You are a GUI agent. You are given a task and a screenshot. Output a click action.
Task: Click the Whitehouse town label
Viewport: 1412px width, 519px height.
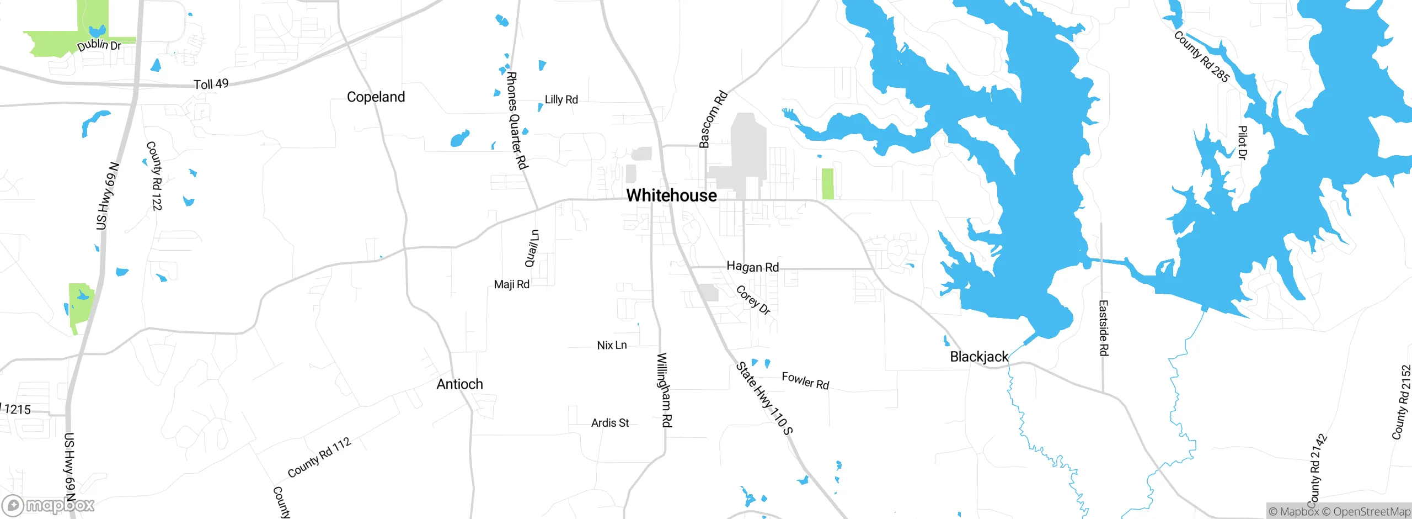671,195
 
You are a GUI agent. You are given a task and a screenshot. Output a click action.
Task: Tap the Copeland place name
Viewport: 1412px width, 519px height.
376,97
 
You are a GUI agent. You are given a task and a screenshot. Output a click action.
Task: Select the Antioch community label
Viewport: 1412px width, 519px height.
459,384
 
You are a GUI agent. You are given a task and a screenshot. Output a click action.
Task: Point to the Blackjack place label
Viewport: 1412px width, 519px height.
978,357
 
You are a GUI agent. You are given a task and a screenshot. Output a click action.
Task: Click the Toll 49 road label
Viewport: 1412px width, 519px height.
211,84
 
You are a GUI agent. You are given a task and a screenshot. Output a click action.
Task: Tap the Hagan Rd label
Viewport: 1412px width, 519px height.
752,267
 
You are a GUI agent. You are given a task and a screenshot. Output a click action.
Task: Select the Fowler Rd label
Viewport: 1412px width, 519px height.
805,380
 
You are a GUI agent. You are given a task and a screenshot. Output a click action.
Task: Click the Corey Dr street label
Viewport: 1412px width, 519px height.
753,300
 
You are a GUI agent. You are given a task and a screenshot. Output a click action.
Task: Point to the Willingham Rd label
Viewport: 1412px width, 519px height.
665,390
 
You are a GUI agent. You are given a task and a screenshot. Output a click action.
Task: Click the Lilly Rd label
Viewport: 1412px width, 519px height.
561,100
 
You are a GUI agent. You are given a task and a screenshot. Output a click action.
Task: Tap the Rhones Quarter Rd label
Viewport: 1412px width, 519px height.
517,120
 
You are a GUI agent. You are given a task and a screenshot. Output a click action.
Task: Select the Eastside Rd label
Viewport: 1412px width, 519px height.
1103,328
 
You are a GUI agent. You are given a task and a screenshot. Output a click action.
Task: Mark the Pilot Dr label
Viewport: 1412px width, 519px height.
1242,142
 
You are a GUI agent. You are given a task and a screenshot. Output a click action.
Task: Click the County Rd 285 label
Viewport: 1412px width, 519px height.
1201,57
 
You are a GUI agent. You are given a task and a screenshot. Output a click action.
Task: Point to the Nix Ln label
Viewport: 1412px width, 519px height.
612,346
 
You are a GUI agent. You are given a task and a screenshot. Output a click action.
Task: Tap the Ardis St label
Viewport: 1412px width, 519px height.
609,423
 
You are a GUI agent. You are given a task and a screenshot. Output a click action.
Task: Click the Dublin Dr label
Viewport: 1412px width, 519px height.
99,45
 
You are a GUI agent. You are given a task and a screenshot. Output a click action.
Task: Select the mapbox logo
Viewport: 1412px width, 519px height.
49,505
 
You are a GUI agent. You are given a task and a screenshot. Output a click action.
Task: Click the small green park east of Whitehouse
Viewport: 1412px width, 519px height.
827,184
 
